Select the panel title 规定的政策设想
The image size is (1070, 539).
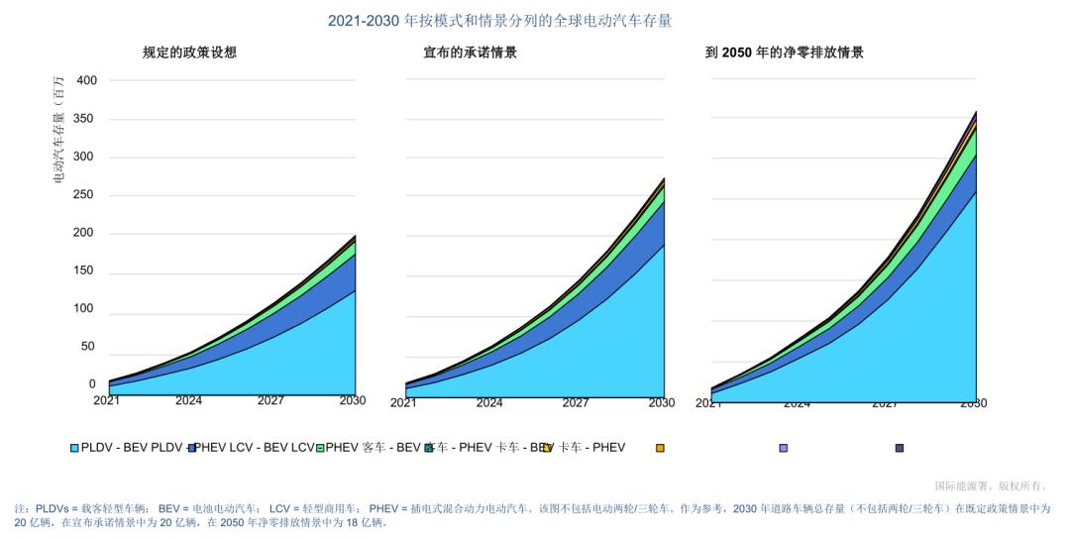click(189, 53)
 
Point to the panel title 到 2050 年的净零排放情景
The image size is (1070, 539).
click(784, 53)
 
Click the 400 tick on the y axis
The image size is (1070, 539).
click(86, 80)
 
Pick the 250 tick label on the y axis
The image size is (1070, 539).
click(86, 195)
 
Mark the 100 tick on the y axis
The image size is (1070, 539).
click(86, 309)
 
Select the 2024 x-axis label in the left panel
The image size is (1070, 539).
click(188, 401)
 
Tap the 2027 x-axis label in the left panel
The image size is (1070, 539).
click(270, 401)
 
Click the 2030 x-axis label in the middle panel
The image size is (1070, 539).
click(661, 403)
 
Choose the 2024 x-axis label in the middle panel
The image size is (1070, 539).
click(488, 403)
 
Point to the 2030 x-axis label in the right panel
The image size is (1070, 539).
click(973, 403)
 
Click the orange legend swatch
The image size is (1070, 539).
click(660, 448)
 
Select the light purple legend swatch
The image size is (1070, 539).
click(783, 448)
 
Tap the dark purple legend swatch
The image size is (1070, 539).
click(900, 448)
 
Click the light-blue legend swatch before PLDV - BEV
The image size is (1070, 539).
click(74, 448)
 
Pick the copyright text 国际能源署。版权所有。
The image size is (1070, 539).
click(991, 485)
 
